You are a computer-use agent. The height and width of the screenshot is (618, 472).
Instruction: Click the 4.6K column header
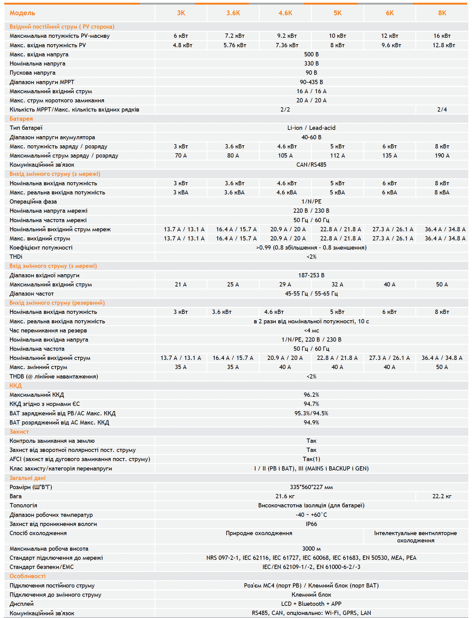tap(285, 13)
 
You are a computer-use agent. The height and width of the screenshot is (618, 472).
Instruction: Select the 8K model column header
tap(442, 13)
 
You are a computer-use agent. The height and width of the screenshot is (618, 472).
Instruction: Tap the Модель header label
tap(22, 13)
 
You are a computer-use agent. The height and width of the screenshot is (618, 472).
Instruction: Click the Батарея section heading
tap(21, 119)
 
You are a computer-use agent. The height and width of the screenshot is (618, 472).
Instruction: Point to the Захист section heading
tap(19, 432)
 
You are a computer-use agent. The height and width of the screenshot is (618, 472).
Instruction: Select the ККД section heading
tap(16, 386)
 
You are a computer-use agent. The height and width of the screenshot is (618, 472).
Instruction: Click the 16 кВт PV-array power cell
tap(442, 36)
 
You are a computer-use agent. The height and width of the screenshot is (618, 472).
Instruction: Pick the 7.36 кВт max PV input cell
tap(287, 45)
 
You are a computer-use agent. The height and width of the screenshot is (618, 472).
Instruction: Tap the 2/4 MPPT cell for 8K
tap(442, 110)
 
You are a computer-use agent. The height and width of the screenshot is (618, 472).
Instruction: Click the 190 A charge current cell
tap(442, 156)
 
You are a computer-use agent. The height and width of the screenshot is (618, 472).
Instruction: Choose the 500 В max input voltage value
tap(311, 55)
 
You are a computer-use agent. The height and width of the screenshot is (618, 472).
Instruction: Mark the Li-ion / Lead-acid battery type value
tap(311, 128)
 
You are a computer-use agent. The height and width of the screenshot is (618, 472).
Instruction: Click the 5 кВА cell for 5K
tap(337, 193)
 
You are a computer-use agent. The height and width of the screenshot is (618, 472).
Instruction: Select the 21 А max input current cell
tap(181, 285)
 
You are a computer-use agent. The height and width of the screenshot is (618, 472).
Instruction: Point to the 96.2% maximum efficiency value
tap(311, 395)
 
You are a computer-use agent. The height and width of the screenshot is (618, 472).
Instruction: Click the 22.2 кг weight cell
tap(442, 496)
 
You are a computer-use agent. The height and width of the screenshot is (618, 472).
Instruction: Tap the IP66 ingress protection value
tap(311, 524)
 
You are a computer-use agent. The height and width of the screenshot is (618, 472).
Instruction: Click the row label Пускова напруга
tap(33, 73)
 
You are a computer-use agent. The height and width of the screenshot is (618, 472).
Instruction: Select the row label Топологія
tap(23, 506)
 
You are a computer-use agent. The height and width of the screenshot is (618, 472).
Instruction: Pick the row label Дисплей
tap(22, 604)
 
